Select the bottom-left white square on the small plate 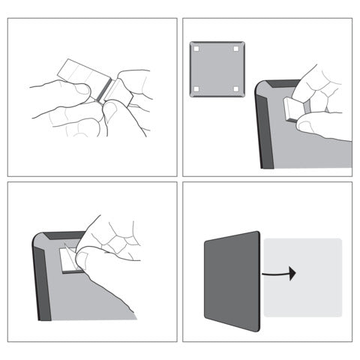click(x=196, y=89)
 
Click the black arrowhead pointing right click(x=292, y=273)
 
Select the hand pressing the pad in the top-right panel click(x=319, y=97)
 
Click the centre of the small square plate click(x=216, y=70)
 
